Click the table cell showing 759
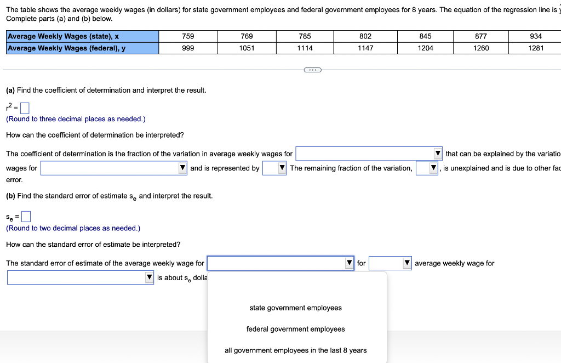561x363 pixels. [188, 36]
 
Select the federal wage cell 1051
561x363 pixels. [247, 48]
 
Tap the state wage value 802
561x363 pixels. [365, 36]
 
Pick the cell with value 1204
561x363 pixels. [425, 48]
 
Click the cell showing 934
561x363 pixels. [536, 36]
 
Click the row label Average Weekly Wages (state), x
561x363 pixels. [64, 36]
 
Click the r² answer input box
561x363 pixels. [24, 107]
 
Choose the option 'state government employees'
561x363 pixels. [295, 308]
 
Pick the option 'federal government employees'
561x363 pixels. [295, 330]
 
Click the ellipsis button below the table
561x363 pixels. [313, 70]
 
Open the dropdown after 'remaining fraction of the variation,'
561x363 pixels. [427, 168]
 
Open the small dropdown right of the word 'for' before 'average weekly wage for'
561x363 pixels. [391, 264]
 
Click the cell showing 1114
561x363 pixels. [305, 48]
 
